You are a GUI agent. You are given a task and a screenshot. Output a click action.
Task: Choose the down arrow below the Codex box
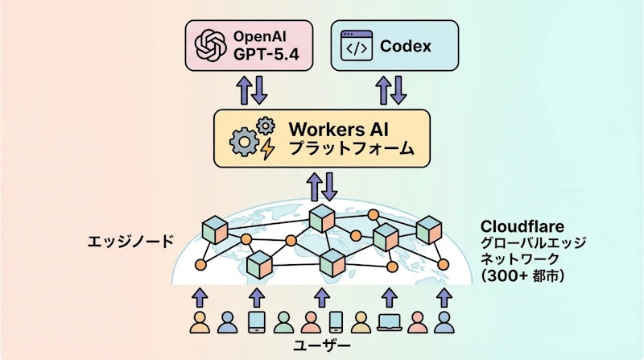[398, 89]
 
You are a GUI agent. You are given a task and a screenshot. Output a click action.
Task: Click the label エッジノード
[132, 241]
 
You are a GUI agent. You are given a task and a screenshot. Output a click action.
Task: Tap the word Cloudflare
[524, 226]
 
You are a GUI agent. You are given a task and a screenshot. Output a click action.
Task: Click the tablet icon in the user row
[256, 323]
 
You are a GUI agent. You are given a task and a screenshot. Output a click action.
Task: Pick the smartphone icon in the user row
[336, 323]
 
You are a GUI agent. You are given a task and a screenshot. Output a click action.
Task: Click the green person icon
[282, 323]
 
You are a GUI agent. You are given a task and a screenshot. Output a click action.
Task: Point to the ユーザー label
[322, 347]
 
